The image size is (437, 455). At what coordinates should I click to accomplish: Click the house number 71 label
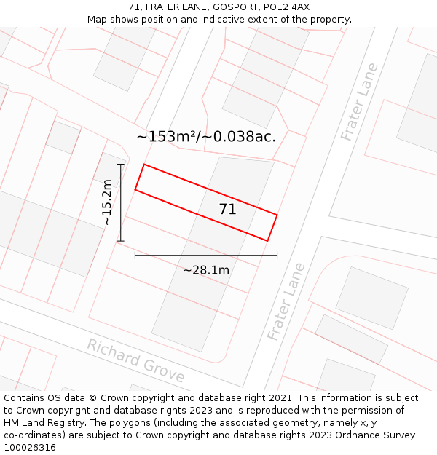[x=227, y=210]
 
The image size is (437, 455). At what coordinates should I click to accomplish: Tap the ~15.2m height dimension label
[x=106, y=202]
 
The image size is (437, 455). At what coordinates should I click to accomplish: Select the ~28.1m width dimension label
[x=206, y=270]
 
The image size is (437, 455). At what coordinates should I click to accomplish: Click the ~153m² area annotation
[x=206, y=136]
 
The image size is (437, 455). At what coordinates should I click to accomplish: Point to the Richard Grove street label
[x=136, y=360]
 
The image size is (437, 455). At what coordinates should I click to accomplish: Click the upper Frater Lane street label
[x=360, y=101]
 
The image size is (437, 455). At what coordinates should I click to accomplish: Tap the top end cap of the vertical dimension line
[x=121, y=165]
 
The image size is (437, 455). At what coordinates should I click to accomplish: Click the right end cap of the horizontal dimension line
[x=277, y=256]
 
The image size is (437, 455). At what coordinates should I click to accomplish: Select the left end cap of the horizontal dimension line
[x=135, y=256]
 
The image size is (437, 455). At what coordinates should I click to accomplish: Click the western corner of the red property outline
[x=135, y=191]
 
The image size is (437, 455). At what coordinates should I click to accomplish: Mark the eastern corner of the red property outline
[x=277, y=215]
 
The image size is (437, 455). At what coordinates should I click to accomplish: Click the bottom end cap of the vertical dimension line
[x=121, y=240]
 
